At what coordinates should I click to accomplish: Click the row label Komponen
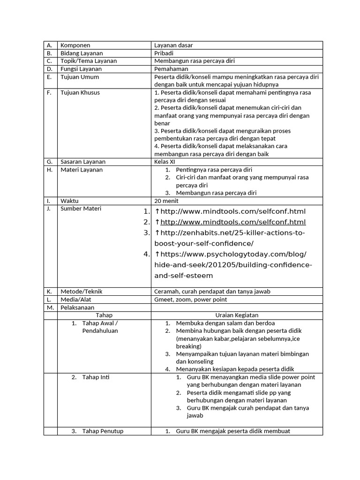(75, 45)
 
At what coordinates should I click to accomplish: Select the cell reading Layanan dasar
(173, 45)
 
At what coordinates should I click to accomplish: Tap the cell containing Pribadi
(164, 53)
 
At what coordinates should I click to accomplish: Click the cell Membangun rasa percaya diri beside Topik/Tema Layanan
(194, 61)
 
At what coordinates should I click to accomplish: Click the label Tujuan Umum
(80, 77)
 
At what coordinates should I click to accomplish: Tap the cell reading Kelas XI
(165, 162)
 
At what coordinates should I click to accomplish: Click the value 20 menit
(166, 201)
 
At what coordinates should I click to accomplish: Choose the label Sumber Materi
(81, 209)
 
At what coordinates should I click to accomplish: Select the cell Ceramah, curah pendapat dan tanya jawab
(212, 292)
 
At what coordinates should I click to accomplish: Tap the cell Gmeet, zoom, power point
(190, 300)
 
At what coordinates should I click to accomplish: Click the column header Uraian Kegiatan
(237, 315)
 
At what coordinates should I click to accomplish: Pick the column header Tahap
(104, 315)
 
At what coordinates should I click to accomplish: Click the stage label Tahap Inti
(96, 377)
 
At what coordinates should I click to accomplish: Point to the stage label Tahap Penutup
(103, 431)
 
